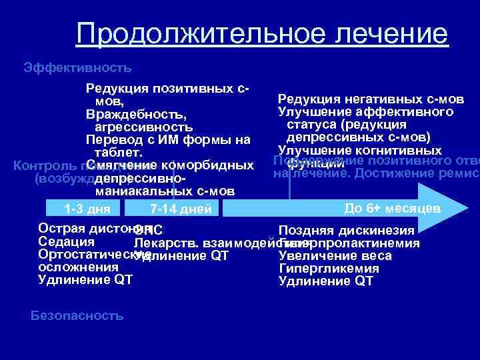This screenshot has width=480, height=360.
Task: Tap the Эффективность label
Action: click(x=77, y=67)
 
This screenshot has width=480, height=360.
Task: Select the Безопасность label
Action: click(x=77, y=316)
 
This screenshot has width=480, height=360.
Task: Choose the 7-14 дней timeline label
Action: click(x=181, y=209)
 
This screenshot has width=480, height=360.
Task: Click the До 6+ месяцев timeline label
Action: click(x=392, y=208)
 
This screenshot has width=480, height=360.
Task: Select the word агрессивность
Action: click(x=144, y=127)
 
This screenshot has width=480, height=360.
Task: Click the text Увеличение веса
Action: click(x=335, y=256)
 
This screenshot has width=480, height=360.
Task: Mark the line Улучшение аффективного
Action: click(x=365, y=112)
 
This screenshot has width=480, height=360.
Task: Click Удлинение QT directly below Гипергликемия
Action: click(x=325, y=281)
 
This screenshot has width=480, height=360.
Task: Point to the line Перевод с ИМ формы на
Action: click(x=168, y=140)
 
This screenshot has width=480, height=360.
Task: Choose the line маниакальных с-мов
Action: click(x=165, y=191)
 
